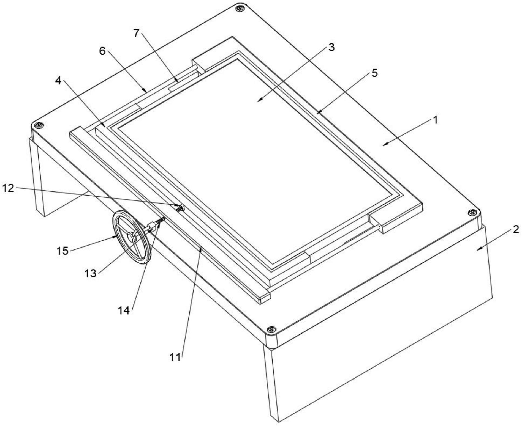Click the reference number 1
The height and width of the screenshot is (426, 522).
(x=435, y=120)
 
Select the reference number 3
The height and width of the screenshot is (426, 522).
(x=331, y=47)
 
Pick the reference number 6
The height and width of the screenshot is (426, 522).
(x=102, y=51)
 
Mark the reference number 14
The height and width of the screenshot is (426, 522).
(x=124, y=310)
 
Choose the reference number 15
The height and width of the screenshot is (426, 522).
(x=62, y=251)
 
